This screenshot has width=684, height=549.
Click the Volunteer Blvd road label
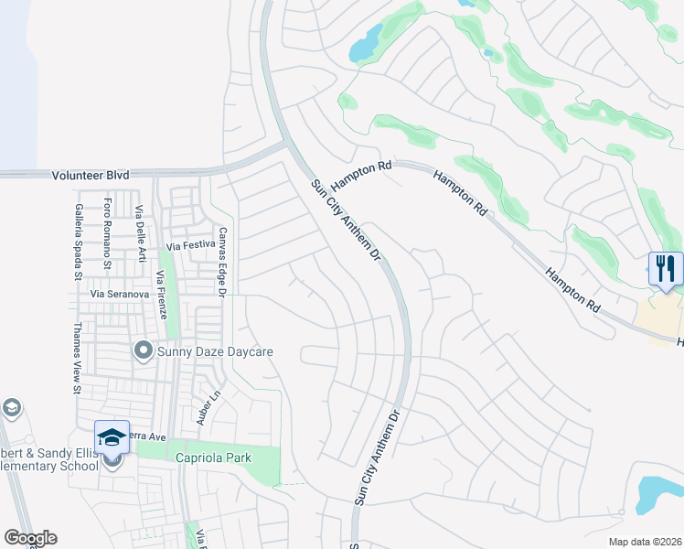click(91, 174)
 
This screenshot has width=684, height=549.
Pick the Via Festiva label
click(189, 245)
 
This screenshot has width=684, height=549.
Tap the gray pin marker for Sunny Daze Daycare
click(143, 350)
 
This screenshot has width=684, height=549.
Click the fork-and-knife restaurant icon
click(666, 268)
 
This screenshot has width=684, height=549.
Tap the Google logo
click(30, 538)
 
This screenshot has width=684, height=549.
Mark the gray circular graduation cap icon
click(12, 407)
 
